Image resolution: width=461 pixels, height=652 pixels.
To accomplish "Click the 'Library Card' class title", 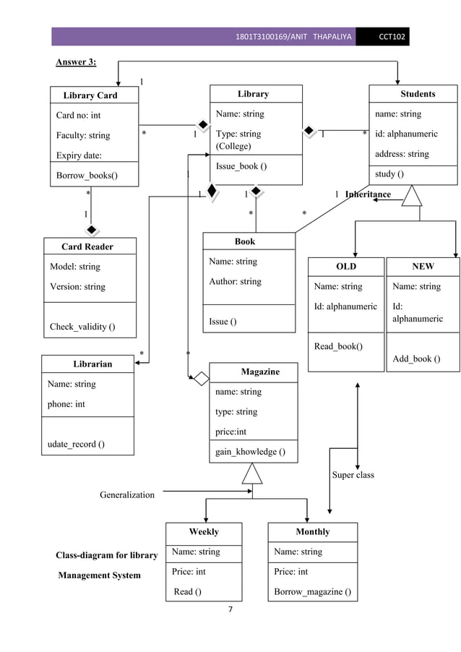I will (90, 95).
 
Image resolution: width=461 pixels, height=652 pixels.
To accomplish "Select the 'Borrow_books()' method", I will (87, 175).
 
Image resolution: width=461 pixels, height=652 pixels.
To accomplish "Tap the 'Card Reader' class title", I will (87, 246).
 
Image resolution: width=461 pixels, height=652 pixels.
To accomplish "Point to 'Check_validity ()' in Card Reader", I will (82, 327).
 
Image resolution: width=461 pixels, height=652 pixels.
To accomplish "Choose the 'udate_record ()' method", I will (76, 444).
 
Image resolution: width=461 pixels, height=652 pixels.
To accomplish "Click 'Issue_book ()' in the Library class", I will (241, 166).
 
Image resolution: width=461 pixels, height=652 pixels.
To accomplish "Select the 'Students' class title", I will (418, 94).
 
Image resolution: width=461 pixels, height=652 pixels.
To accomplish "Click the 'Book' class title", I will (245, 241).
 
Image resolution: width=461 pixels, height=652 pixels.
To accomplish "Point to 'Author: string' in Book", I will (235, 281).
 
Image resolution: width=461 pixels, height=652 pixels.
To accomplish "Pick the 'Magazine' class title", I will (260, 372).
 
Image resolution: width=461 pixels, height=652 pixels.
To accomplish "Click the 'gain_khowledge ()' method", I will (250, 452).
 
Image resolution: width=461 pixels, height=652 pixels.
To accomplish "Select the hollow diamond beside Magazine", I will (200, 378).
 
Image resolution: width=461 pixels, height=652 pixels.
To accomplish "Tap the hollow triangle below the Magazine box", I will (252, 473).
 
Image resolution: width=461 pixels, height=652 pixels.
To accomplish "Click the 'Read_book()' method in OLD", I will (338, 346).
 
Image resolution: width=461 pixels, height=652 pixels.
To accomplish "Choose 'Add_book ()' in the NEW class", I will (416, 359).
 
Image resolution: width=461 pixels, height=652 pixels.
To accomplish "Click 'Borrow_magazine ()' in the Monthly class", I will (313, 592).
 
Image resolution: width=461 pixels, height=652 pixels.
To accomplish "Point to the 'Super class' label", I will (353, 475).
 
